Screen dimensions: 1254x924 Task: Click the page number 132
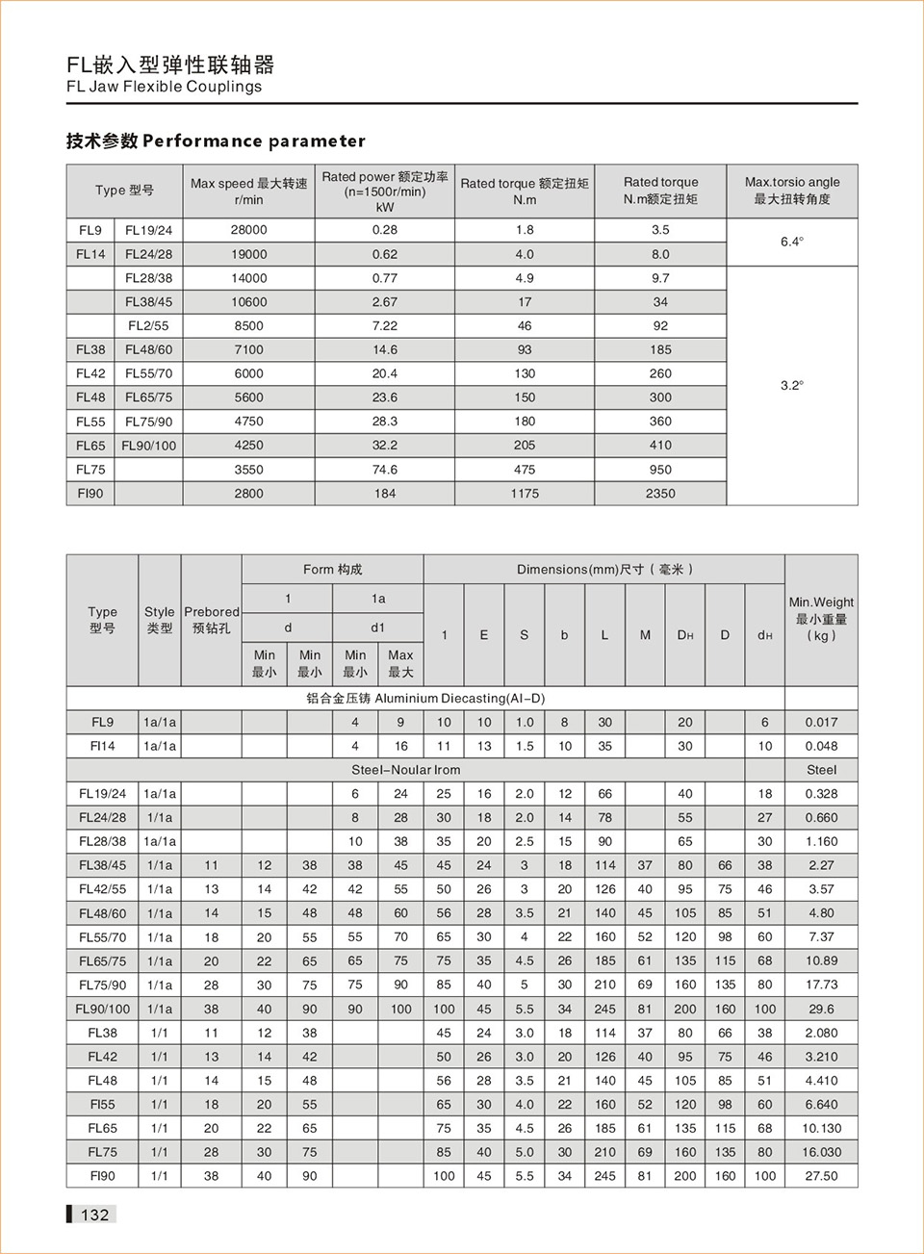coord(94,1215)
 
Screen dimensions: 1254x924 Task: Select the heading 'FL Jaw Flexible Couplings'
coord(164,87)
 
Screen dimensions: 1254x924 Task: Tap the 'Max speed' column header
coord(248,191)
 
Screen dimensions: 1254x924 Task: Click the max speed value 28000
coord(248,230)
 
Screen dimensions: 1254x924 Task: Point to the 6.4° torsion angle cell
coord(791,242)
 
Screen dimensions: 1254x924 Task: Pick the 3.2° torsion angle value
coord(791,385)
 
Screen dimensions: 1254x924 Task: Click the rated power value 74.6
coord(384,470)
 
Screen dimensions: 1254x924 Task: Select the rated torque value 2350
coord(660,494)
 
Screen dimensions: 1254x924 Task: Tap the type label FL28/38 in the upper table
coord(148,278)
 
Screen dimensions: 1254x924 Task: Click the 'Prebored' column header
coord(211,620)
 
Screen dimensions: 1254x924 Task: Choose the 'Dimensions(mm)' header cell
coord(603,570)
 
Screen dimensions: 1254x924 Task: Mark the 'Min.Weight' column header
coord(821,619)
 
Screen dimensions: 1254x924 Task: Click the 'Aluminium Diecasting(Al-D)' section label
coord(425,699)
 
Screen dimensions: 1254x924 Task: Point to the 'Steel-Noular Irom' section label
coord(405,770)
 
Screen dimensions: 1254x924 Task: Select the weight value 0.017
coord(821,723)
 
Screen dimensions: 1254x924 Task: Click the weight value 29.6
coord(821,1010)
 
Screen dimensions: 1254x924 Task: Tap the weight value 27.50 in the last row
coord(821,1176)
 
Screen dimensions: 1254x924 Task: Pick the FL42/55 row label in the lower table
coord(102,889)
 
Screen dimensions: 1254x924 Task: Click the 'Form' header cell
coord(332,570)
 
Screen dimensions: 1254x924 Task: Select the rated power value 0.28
coord(384,230)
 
